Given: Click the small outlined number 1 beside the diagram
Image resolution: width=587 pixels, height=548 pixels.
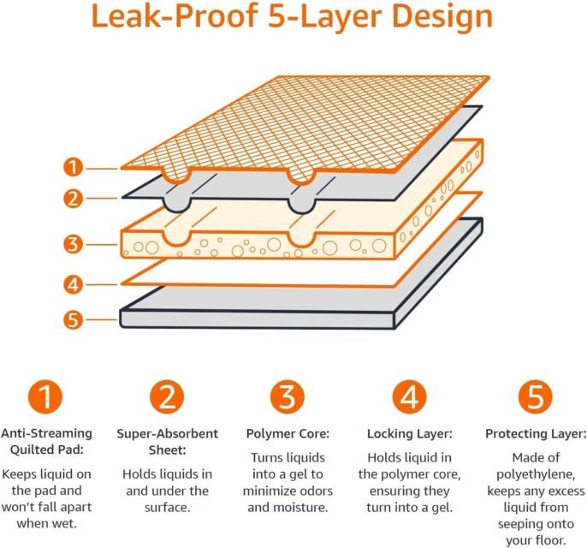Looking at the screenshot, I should pos(74,167).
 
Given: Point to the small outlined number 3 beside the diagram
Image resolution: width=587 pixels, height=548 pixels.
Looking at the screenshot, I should pos(74,244).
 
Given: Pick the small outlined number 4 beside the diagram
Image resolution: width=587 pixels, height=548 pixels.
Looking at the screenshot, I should pos(74,283).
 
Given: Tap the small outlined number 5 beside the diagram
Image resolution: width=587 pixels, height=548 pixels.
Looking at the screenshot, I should pos(74,320).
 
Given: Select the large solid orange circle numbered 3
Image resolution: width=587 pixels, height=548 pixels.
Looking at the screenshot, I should pos(287,396).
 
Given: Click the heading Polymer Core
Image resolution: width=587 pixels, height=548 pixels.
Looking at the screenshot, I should pos(288,434).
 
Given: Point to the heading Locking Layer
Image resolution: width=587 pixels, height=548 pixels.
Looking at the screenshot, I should pos(408,434).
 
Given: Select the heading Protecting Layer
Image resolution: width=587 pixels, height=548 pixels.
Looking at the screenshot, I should pos(535,434).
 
